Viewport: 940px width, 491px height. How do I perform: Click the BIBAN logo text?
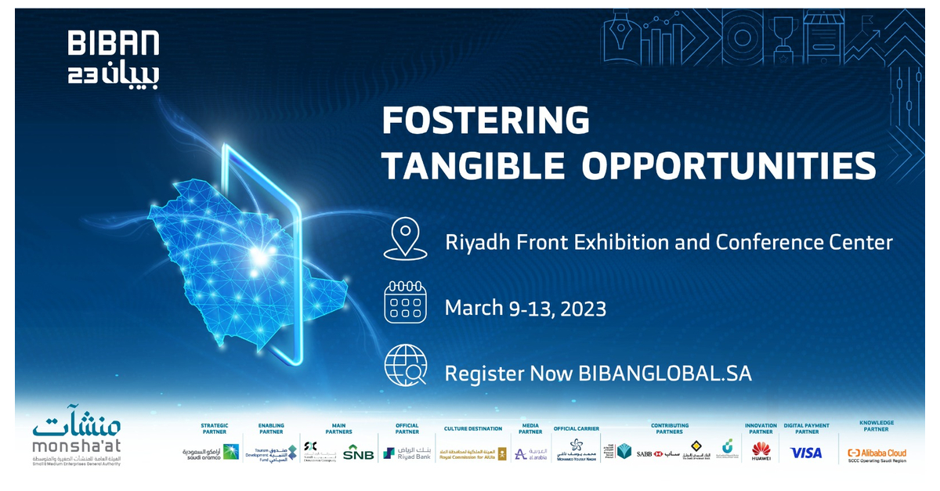(x=114, y=43)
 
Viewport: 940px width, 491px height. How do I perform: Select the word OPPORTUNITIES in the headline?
(x=729, y=166)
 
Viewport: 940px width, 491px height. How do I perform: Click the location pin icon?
(x=405, y=239)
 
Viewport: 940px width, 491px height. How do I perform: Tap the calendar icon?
(x=405, y=302)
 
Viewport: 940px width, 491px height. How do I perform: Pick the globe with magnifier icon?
(x=405, y=366)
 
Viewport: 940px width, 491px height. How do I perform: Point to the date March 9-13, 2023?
(x=525, y=308)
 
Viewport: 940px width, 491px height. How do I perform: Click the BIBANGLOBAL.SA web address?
(x=665, y=374)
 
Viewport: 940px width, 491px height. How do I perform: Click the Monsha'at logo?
(x=77, y=439)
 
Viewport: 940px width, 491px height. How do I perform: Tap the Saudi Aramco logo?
(x=209, y=453)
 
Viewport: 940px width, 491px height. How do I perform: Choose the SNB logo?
(x=358, y=453)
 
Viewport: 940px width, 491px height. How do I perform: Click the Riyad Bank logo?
(x=407, y=453)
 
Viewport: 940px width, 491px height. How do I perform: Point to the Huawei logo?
(x=761, y=451)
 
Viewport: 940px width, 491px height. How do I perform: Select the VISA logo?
(x=805, y=453)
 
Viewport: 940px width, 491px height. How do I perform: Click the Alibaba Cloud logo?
(x=877, y=453)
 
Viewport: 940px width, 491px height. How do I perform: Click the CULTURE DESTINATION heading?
(x=472, y=429)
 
